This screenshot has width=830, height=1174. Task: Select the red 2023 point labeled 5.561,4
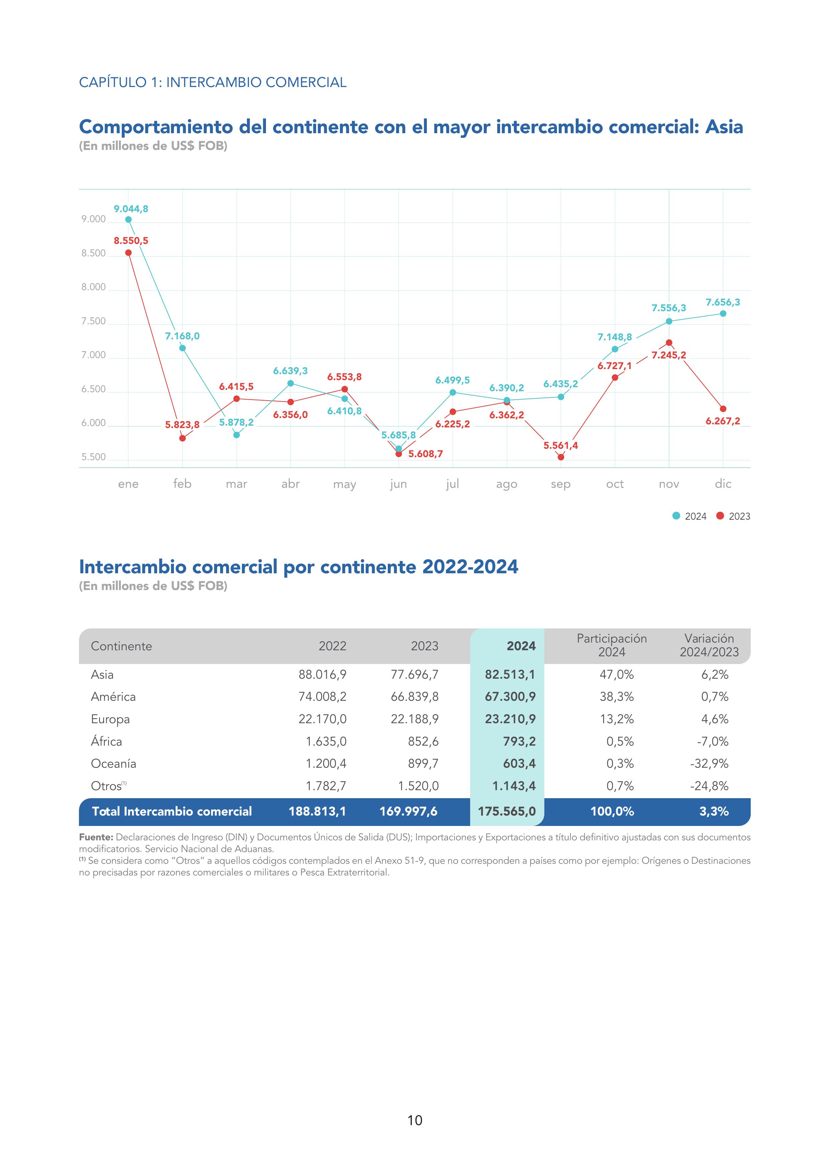561,457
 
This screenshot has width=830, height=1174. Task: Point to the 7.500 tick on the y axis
94,322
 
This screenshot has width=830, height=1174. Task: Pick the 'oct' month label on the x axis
615,484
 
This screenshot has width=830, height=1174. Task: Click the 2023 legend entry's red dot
720,516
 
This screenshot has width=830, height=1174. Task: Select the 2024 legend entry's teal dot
676,516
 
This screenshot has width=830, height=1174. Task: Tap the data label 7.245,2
668,355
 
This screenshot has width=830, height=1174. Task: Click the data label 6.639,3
290,371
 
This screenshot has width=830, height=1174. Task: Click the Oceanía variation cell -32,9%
709,763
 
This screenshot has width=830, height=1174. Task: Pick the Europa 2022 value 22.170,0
322,719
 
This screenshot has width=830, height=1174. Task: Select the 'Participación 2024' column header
612,645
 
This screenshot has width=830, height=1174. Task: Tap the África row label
106,741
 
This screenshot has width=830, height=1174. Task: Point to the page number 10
414,1120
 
